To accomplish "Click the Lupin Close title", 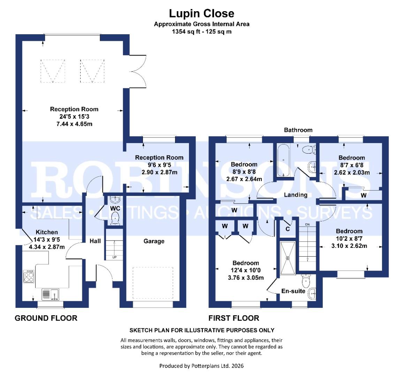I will click(201, 13).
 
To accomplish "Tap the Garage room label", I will click(154, 241).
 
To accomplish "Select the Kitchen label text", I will click(47, 232).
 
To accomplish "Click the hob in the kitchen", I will click(29, 276).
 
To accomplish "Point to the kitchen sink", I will click(50, 294).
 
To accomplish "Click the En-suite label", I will click(293, 291).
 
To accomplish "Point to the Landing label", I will click(295, 195).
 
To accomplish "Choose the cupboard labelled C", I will click(287, 229).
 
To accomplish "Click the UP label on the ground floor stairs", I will click(114, 257).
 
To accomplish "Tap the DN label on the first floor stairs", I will click(307, 224).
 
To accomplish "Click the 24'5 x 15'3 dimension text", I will click(74, 117).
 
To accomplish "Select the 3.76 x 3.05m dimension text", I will click(246, 278).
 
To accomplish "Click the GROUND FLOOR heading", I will click(46, 318).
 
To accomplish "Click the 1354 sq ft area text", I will click(201, 31).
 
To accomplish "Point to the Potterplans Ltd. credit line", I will click(201, 366).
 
